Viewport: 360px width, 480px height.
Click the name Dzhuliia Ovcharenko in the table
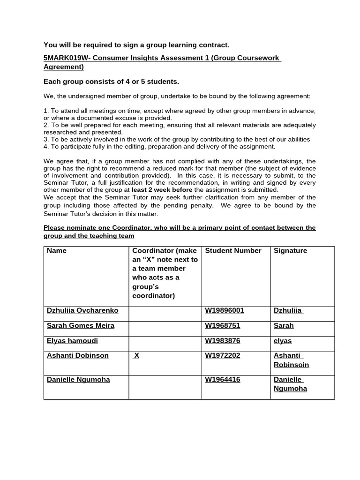(82, 310)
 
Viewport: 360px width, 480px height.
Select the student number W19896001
(225, 310)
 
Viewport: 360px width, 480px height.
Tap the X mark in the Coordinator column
(136, 356)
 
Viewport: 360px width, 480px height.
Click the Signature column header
(290, 251)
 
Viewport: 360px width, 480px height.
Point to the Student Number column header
(233, 251)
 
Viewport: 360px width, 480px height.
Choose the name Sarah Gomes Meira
(81, 325)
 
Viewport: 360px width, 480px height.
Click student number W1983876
(223, 340)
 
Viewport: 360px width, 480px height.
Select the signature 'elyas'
(283, 340)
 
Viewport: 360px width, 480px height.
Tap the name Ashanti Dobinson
(78, 355)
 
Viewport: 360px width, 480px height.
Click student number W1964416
(223, 379)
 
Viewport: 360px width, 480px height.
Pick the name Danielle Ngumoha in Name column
(78, 379)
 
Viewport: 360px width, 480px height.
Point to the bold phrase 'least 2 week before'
(162, 190)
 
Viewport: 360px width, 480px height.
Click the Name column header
(57, 251)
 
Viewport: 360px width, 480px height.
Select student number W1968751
(223, 325)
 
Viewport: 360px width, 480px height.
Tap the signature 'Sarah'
(284, 325)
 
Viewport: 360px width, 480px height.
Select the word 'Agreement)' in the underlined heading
(63, 67)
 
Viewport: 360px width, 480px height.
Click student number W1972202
(223, 355)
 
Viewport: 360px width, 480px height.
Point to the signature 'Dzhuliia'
(288, 310)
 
